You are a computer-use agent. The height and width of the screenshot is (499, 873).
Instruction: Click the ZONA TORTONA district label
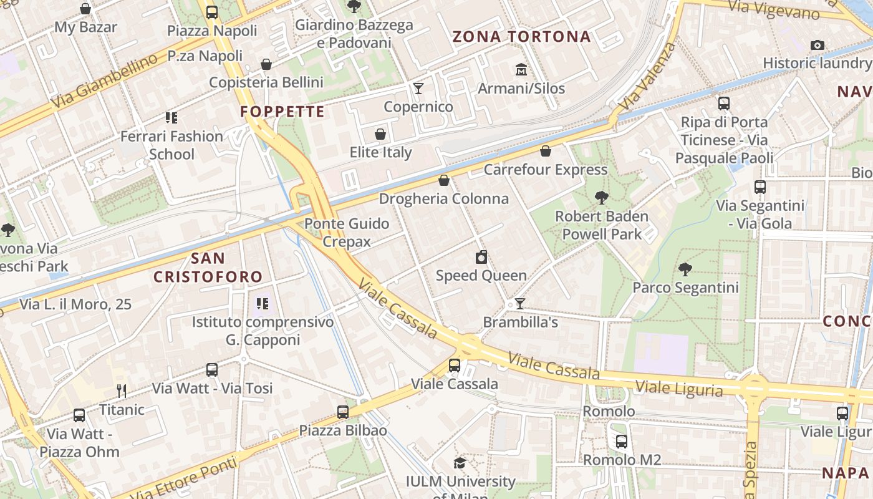coord(521,37)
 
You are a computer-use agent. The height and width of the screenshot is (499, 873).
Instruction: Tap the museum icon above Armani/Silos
coord(521,69)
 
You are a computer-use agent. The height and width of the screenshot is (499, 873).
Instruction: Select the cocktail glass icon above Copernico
coord(418,88)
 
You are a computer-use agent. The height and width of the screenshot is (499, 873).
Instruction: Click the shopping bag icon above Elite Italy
coord(380,134)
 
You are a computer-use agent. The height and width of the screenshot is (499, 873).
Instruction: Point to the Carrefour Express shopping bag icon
coord(546,151)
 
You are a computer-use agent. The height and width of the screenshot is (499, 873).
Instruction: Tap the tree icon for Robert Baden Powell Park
coord(602,198)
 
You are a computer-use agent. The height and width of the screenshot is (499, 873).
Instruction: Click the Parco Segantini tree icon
coord(685,269)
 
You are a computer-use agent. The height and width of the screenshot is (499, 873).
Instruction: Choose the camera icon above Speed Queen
coord(481,257)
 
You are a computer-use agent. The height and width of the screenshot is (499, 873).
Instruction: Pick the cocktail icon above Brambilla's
coord(519,304)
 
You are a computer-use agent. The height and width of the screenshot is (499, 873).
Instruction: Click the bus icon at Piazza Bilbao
coord(342,412)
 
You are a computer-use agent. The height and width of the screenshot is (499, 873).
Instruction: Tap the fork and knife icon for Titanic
coord(122,392)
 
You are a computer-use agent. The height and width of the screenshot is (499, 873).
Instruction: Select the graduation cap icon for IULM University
coord(460,463)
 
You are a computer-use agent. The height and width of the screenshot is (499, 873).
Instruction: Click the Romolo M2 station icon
coord(622,442)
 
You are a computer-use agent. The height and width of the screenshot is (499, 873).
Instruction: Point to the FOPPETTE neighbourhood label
coord(282,112)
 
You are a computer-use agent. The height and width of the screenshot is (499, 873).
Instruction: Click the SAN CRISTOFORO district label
coord(208,268)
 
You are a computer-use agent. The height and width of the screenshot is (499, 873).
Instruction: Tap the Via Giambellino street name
coord(104,81)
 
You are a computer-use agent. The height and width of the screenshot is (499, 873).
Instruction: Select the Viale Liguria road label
coord(679,389)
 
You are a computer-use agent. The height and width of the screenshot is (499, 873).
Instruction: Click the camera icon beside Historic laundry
coord(818,45)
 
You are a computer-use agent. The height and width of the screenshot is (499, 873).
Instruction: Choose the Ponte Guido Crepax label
coord(347,233)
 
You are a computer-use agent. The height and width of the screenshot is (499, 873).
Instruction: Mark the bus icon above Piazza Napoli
coord(212,12)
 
